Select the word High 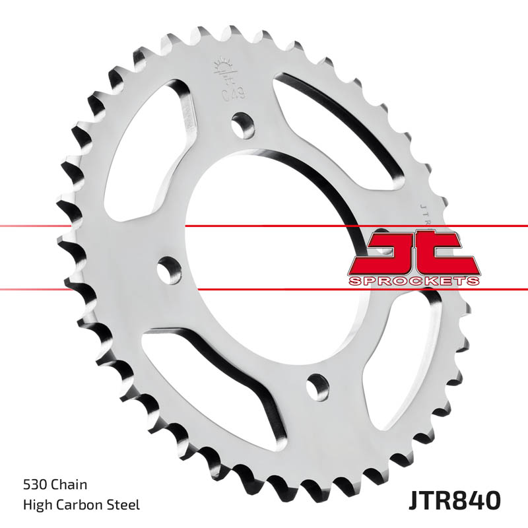pyautogui.click(x=35, y=506)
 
